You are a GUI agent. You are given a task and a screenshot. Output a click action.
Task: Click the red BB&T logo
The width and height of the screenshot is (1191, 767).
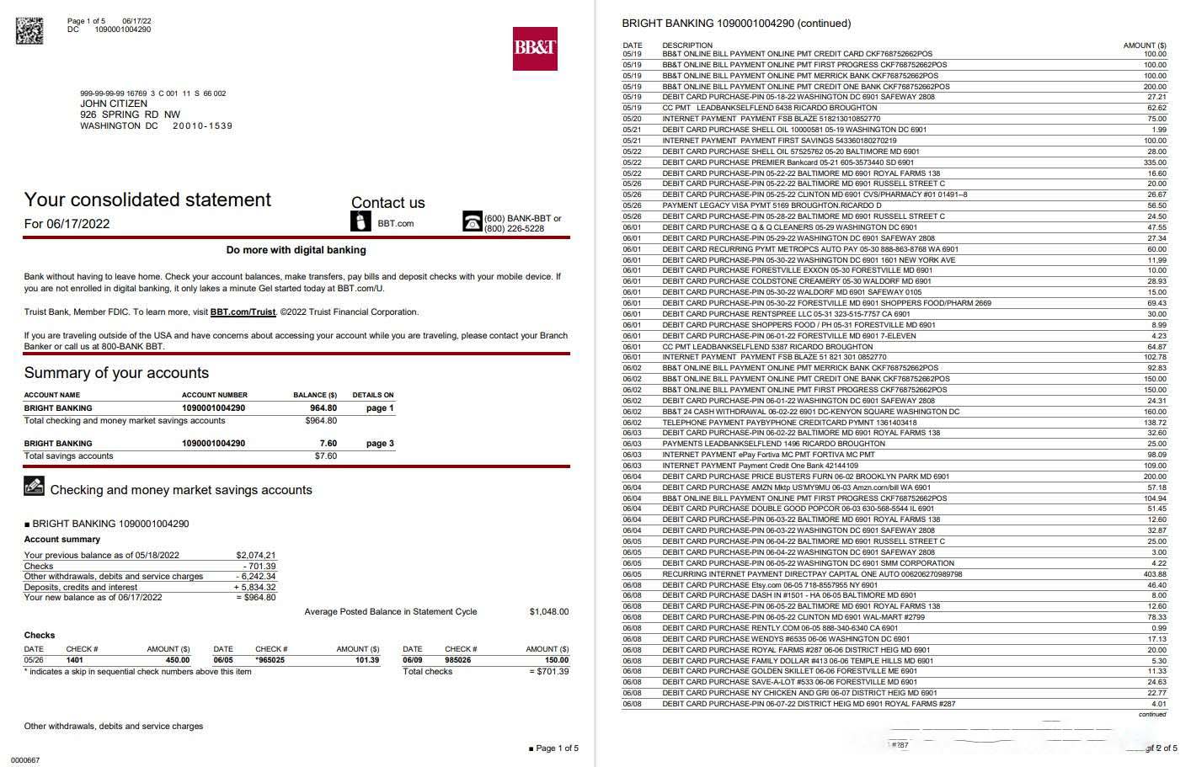click(x=535, y=48)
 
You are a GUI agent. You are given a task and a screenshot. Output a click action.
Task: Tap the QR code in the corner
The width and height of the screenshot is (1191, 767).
click(x=29, y=29)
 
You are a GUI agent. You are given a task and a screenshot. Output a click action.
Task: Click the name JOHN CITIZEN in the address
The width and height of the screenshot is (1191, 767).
click(x=114, y=104)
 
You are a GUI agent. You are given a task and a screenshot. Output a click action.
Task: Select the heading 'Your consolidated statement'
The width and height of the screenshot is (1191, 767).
click(x=147, y=200)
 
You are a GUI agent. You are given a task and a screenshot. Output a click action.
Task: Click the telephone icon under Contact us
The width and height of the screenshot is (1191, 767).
click(x=472, y=221)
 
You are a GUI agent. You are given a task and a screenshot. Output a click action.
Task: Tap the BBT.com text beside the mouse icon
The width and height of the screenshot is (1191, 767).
click(x=395, y=224)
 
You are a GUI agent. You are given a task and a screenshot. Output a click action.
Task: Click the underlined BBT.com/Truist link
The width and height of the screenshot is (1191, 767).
click(x=243, y=312)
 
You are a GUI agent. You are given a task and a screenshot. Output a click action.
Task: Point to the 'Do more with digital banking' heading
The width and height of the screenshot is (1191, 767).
click(x=296, y=250)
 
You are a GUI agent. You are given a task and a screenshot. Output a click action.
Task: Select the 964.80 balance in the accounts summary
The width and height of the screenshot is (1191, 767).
click(x=323, y=408)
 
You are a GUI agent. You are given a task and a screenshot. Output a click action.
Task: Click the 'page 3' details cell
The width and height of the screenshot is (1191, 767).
click(x=380, y=444)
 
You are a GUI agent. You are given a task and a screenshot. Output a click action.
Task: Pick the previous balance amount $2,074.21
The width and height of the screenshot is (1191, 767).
click(x=256, y=556)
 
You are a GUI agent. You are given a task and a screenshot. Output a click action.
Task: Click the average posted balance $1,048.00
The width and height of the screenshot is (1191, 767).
click(x=548, y=612)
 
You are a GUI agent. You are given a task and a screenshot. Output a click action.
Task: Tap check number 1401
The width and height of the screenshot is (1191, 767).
click(x=75, y=661)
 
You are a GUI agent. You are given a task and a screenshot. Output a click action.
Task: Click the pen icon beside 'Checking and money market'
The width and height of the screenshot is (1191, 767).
click(x=34, y=486)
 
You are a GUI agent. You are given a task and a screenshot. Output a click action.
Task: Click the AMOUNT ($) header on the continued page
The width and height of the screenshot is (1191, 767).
click(x=1145, y=45)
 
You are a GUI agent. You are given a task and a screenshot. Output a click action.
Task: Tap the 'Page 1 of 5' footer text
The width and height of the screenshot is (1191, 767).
click(x=557, y=748)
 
